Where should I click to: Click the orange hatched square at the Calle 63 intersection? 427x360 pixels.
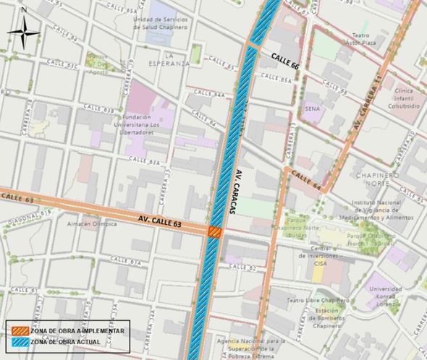215,231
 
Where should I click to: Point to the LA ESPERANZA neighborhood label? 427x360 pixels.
177,59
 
